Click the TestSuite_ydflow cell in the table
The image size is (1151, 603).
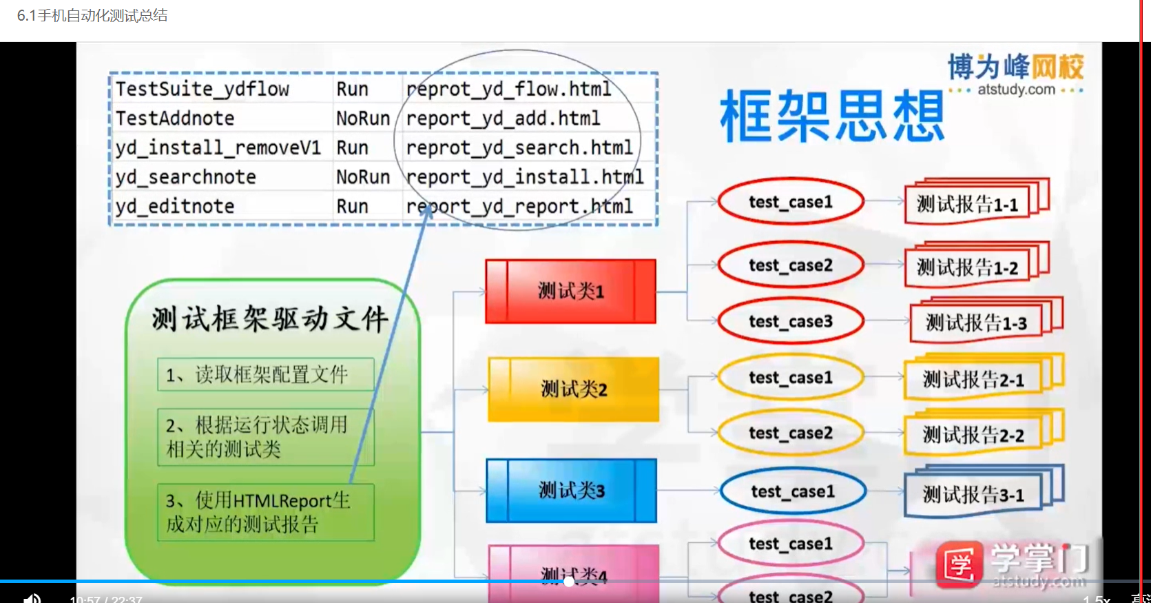pos(203,89)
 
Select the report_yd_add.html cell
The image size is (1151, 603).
pos(503,119)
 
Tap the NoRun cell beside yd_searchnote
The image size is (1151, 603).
pos(363,177)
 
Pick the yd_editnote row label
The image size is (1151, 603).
pos(175,206)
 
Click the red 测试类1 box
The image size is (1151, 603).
pos(570,292)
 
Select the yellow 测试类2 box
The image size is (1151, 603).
pos(573,389)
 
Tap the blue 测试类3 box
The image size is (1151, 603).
pos(571,491)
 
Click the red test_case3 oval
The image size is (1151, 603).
pos(790,322)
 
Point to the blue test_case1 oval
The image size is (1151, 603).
pos(792,491)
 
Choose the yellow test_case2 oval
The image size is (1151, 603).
pos(790,433)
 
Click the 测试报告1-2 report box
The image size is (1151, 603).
pos(967,267)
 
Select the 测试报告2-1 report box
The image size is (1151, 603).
pos(973,380)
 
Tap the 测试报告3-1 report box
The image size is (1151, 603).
pos(973,495)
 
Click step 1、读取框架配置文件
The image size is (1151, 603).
pos(265,375)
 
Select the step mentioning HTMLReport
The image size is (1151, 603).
pos(265,512)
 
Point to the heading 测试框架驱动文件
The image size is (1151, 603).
pos(270,319)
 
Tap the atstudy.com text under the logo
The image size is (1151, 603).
pos(1016,90)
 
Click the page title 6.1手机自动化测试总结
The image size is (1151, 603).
pos(92,16)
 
